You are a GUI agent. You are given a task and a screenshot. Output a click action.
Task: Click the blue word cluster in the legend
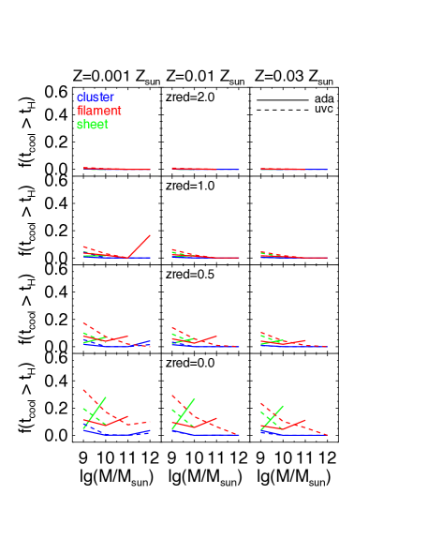(x=95, y=97)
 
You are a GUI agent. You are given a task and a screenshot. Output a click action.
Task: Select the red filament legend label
(x=98, y=111)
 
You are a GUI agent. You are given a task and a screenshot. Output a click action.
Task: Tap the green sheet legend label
(x=92, y=125)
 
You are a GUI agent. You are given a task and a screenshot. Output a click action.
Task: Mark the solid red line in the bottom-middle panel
(x=208, y=421)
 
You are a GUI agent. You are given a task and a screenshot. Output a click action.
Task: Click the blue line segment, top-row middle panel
(x=229, y=170)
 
